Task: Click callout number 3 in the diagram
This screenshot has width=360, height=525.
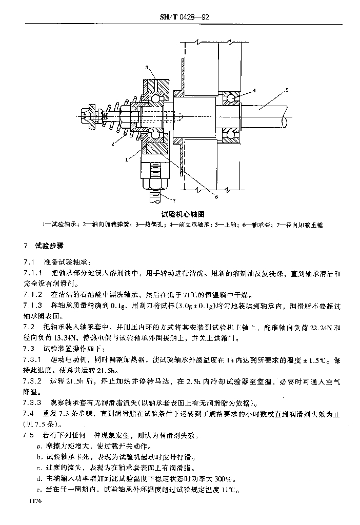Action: [x=147, y=68]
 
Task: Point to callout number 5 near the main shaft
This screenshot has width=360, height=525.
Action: [x=287, y=90]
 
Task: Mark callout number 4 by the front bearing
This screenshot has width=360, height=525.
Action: [x=254, y=91]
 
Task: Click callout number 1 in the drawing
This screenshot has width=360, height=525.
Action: [x=126, y=160]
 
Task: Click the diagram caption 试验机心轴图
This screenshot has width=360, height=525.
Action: [x=184, y=214]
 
